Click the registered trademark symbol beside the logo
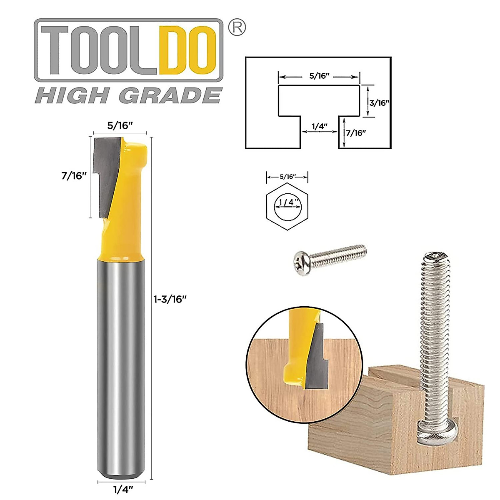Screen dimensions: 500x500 point(237,27)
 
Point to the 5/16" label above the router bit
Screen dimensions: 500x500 point(120,125)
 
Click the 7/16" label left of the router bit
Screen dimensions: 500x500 point(74,176)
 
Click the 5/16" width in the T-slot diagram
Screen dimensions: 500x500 point(319,76)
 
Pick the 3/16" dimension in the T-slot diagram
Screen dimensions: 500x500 point(379,102)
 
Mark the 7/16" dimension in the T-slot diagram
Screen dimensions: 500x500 point(355,133)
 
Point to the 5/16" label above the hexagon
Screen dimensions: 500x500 point(287,177)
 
